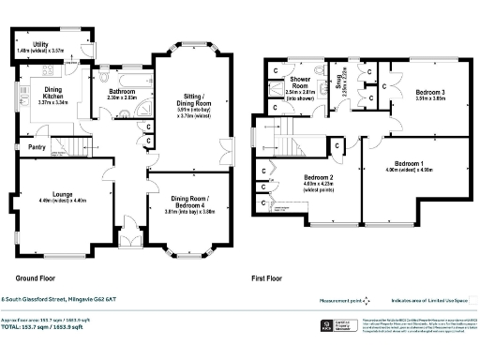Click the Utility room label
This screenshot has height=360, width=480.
click(x=40, y=44)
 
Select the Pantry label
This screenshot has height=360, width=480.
click(x=37, y=147)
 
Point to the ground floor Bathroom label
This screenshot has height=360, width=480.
click(x=121, y=92)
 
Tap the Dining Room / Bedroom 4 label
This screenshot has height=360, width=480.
click(x=197, y=205)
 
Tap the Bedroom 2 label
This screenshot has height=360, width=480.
click(x=319, y=177)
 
